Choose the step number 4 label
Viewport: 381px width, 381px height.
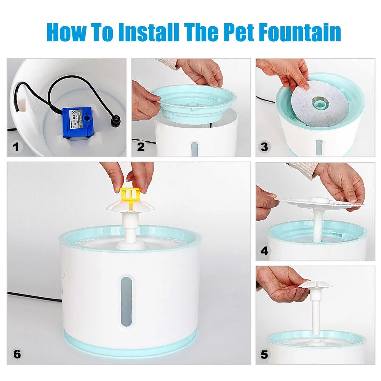[x=264, y=251]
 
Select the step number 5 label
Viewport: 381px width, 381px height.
[x=264, y=354]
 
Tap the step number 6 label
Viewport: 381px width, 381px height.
[x=17, y=354]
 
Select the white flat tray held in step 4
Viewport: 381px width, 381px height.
[x=320, y=202]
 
